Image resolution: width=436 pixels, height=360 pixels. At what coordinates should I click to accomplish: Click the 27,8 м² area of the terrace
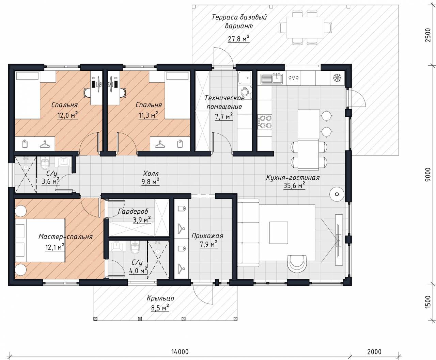tap(238, 38)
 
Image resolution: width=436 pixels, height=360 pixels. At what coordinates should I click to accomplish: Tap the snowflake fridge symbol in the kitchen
tap(337, 78)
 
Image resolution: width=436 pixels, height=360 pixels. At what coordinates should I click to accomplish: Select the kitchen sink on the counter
tap(272, 79)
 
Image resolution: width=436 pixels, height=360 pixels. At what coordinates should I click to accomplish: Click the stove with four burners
tap(265, 122)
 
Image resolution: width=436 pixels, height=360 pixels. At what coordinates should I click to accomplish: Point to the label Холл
tap(151, 173)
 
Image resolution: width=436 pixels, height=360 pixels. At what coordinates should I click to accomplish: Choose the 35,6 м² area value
tap(294, 185)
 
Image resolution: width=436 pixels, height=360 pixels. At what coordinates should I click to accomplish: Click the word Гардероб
tap(133, 212)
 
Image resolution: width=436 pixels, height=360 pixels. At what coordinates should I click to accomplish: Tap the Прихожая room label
tap(207, 236)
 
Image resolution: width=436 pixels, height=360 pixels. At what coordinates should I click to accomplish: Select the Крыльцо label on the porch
tap(160, 299)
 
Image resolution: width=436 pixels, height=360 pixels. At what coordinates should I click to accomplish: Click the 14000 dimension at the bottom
tap(180, 352)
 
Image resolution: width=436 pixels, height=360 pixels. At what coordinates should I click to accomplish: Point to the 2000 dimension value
tap(374, 352)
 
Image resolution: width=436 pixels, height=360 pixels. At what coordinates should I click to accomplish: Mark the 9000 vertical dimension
tap(428, 174)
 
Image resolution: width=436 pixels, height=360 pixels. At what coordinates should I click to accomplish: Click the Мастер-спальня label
tap(65, 236)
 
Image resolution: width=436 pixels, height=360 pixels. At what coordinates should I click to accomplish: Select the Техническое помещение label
tap(224, 102)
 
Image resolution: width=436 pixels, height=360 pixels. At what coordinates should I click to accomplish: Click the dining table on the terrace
tap(305, 28)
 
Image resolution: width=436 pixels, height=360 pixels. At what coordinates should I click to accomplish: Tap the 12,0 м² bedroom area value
tap(68, 115)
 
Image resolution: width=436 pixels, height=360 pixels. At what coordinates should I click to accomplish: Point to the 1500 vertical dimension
tap(428, 302)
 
